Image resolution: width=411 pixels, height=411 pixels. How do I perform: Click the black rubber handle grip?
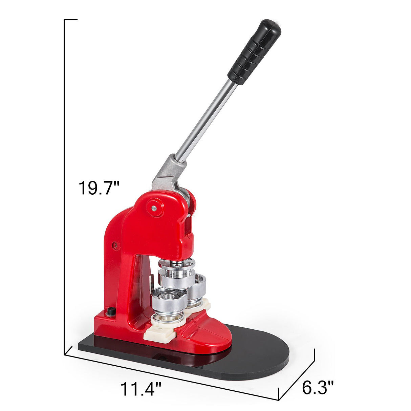point(254,52)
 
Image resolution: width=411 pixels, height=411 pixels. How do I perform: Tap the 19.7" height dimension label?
point(99,188)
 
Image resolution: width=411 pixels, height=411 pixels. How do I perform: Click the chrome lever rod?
point(206,122)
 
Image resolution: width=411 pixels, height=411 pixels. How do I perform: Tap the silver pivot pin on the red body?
point(154,208)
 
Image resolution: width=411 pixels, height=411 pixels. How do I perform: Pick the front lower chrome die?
point(169,308)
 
